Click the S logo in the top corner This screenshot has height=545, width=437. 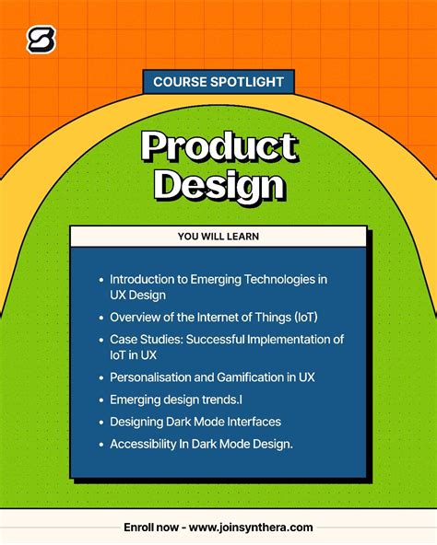[41, 40]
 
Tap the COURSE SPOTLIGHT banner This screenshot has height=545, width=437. [218, 82]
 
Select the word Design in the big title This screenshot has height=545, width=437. [218, 184]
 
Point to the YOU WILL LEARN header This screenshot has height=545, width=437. [218, 237]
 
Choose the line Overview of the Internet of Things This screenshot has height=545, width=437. [214, 318]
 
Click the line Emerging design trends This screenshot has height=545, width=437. [175, 400]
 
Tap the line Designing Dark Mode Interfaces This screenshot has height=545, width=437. [195, 422]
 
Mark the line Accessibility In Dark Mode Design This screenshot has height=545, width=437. [201, 444]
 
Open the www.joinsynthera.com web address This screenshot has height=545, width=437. [252, 528]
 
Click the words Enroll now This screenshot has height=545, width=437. [151, 528]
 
